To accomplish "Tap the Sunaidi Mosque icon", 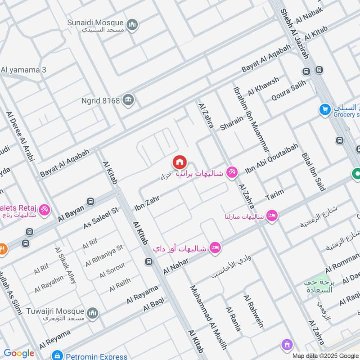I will [x=132, y=24].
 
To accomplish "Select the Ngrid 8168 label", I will [x=100, y=100].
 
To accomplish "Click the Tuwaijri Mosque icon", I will [x=93, y=313].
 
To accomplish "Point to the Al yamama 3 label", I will [x=23, y=70].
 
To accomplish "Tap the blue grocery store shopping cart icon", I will [x=324, y=109].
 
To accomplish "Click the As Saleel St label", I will [x=100, y=218].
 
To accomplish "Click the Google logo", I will [x=19, y=353].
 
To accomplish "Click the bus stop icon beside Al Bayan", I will [x=91, y=201].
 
